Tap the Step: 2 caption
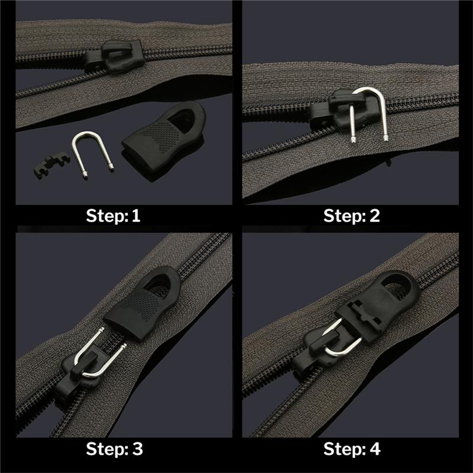(352, 215)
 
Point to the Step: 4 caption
(352, 449)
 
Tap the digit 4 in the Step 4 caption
(375, 449)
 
